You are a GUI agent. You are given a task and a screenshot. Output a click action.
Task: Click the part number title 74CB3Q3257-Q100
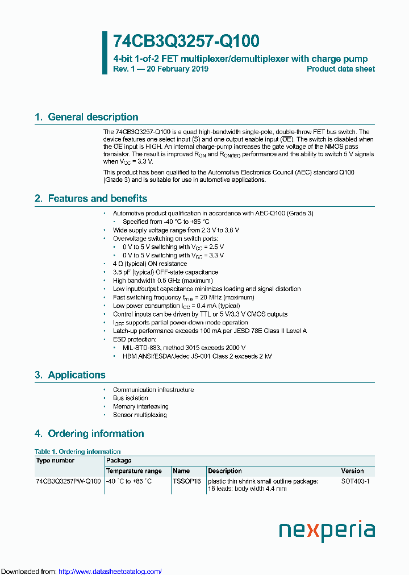pos(186,41)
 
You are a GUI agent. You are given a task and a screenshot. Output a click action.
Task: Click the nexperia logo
pos(327,531)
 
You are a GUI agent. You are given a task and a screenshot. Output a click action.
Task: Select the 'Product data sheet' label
pos(340,69)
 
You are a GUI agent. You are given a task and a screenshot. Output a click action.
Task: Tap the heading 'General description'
pos(93,117)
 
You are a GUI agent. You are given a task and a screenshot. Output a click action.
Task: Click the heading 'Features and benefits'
pos(97,198)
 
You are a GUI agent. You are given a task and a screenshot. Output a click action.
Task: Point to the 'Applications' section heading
pos(76,375)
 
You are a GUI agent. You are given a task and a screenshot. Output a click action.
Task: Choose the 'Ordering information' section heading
pos(95,434)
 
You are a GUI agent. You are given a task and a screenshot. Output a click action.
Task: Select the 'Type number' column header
pos(55,461)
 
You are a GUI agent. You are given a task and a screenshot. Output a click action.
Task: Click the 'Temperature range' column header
pos(134,471)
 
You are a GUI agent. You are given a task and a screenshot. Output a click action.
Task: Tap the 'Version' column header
pos(352,471)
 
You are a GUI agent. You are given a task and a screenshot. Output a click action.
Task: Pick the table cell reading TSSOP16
pos(187,481)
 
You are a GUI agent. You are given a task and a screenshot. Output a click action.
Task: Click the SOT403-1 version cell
pos(355,481)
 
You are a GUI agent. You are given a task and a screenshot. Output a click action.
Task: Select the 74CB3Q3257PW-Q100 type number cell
pos(68,481)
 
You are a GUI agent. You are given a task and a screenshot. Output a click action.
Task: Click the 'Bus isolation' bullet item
pos(131,398)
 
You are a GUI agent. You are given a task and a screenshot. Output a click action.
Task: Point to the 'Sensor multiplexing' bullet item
pos(140,415)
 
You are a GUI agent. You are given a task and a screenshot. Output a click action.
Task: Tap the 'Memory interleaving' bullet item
pos(140,406)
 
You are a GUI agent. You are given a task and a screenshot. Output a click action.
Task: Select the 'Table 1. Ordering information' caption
pos(77,452)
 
